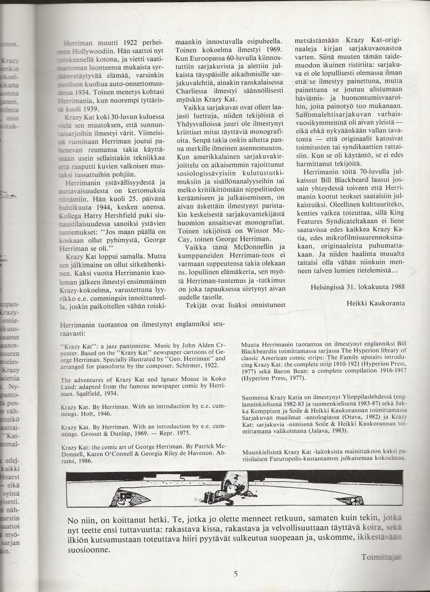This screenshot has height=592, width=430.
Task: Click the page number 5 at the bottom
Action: pyautogui.click(x=235, y=574)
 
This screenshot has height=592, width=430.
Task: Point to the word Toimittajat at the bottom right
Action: pyautogui.click(x=382, y=557)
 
